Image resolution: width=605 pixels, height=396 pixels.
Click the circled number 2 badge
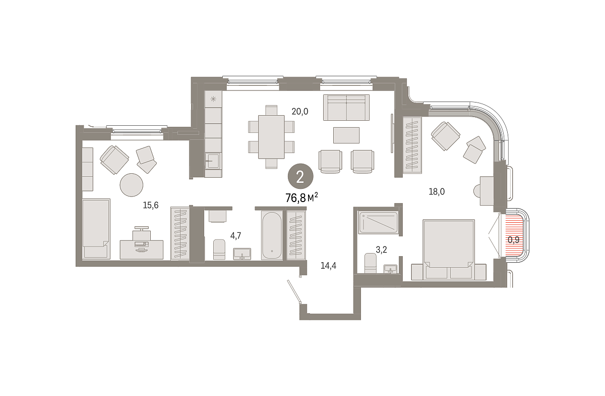click(x=300, y=176)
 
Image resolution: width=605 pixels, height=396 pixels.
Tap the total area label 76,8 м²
click(x=301, y=198)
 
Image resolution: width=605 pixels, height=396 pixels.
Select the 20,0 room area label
click(x=300, y=111)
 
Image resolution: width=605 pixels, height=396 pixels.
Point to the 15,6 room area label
click(x=150, y=206)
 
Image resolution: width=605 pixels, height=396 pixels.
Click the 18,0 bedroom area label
click(x=437, y=191)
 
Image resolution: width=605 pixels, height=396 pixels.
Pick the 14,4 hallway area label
click(x=328, y=266)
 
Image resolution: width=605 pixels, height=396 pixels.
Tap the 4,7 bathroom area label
click(x=235, y=236)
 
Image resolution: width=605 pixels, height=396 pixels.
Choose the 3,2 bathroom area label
click(x=381, y=250)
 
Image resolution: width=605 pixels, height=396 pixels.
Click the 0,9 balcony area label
click(x=513, y=240)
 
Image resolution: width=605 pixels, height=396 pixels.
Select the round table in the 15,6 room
click(x=132, y=185)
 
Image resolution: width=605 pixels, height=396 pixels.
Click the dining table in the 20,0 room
click(x=271, y=137)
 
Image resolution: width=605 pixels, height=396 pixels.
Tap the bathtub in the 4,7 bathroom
click(x=271, y=235)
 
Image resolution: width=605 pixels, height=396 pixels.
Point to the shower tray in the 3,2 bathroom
click(x=378, y=222)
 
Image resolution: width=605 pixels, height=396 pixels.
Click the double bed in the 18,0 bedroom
click(x=449, y=250)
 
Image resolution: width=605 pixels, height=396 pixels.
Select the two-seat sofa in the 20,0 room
click(x=346, y=108)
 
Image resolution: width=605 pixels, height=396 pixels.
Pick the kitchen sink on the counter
click(x=213, y=161)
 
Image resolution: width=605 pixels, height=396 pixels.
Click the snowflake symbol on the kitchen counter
click(x=213, y=99)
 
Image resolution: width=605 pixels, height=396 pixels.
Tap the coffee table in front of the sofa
click(x=346, y=135)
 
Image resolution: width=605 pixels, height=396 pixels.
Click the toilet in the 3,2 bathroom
click(x=370, y=263)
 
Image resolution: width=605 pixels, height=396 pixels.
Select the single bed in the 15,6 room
click(x=96, y=229)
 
